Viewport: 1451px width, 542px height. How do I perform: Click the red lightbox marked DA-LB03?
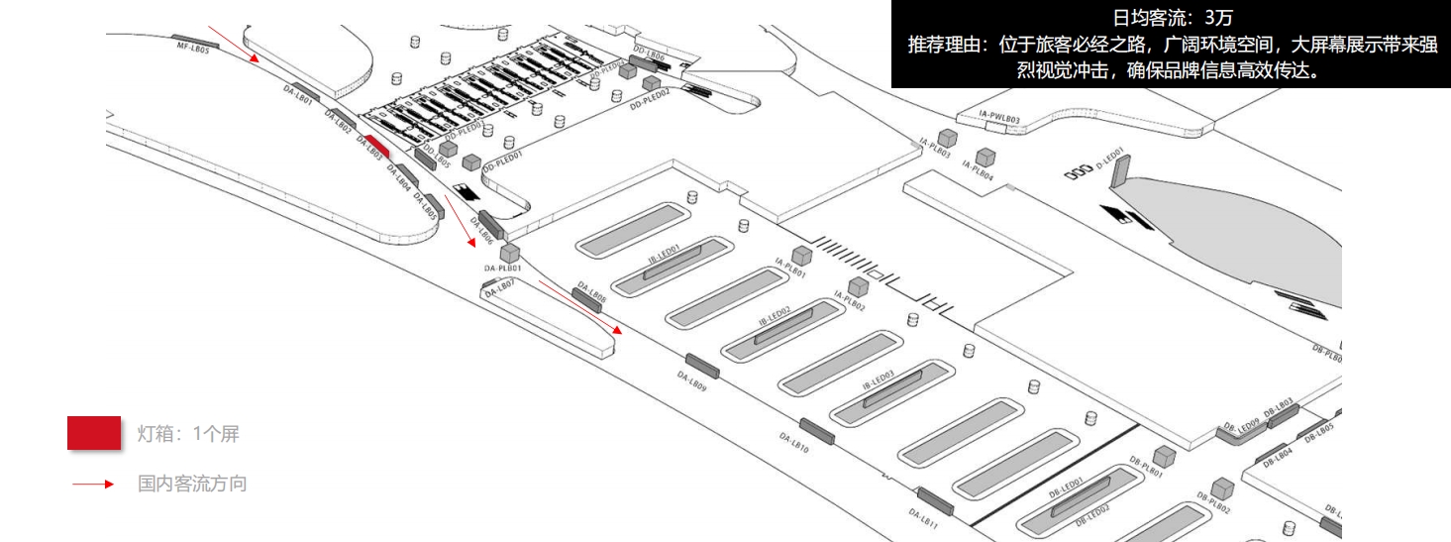376,147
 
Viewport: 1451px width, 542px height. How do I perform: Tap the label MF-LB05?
193,47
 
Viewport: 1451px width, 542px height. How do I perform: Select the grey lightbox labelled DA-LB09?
702,365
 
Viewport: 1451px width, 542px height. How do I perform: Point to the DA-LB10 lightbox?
817,431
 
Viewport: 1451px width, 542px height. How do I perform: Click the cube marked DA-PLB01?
510,253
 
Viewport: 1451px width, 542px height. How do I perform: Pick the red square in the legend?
94,433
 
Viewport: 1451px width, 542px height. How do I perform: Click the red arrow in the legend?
95,485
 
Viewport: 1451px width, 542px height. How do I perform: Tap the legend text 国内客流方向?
192,485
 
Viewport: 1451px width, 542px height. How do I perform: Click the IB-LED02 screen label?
775,316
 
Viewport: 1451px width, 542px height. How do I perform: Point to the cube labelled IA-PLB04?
985,157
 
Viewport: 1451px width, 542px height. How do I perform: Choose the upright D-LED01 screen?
1118,172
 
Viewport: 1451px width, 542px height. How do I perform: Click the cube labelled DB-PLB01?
1165,456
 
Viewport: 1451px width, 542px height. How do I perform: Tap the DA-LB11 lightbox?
935,501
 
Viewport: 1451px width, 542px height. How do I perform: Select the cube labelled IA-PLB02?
858,286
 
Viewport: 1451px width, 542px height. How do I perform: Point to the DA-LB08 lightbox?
587,298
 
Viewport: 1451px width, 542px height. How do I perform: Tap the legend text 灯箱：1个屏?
188,434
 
